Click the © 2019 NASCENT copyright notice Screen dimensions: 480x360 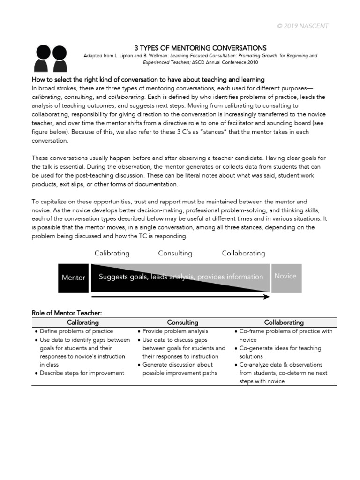click(302, 26)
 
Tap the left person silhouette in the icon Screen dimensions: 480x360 click(44, 57)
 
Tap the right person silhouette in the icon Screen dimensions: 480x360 click(60, 57)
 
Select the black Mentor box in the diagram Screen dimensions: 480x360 click(73, 277)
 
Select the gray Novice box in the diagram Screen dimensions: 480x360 click(285, 277)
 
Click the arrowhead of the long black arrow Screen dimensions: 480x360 click(266, 297)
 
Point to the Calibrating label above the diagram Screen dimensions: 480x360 click(112, 254)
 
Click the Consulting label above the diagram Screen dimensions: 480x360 click(175, 254)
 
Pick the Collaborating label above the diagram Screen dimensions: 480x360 click(243, 254)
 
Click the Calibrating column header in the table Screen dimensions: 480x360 click(83, 322)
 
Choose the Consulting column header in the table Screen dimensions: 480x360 click(183, 322)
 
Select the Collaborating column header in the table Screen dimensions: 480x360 click(284, 322)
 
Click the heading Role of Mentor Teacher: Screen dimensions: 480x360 click(67, 313)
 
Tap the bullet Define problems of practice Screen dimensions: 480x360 click(76, 331)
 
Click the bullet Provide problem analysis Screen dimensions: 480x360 click(175, 331)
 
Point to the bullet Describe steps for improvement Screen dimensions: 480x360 click(82, 373)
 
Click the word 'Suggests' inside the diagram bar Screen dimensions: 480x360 click(113, 277)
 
